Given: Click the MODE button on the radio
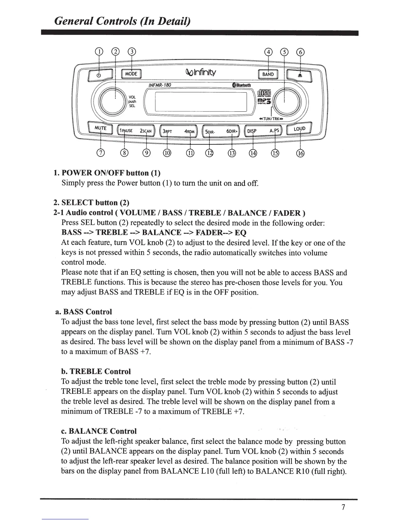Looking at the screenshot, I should (132, 74).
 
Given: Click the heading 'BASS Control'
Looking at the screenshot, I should (87, 312).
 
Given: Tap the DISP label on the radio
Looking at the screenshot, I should (252, 131).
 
